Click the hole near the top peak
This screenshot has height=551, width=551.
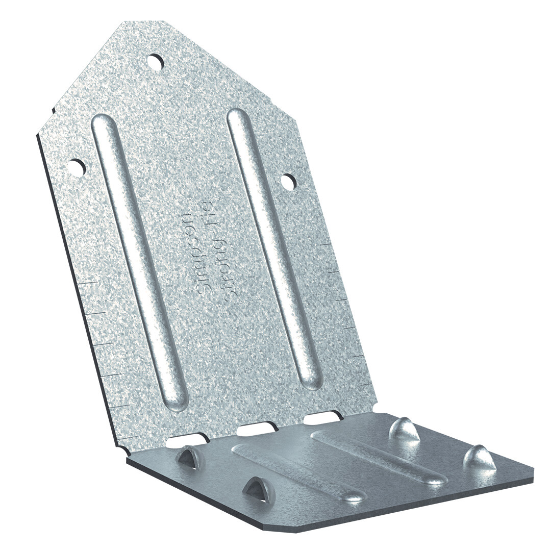pyautogui.click(x=155, y=62)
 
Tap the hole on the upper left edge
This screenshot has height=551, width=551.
pyautogui.click(x=77, y=167)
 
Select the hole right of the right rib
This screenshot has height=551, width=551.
pyautogui.click(x=288, y=181)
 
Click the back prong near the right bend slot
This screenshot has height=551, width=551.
pyautogui.click(x=404, y=430)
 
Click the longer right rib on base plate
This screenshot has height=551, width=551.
pyautogui.click(x=380, y=457)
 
